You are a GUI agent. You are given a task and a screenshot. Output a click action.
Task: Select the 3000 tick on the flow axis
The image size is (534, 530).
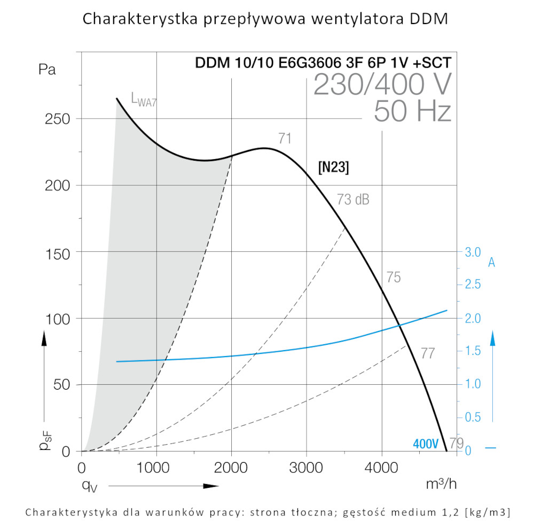306,469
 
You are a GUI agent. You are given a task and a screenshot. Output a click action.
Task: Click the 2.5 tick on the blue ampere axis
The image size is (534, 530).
473,284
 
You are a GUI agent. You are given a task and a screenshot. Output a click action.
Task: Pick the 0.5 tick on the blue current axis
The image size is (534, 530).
473,417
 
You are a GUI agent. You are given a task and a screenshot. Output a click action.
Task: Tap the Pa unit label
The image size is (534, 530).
47,69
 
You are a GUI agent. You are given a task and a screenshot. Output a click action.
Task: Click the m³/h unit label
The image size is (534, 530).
441,484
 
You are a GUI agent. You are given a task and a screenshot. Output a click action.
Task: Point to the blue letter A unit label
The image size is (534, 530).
491,263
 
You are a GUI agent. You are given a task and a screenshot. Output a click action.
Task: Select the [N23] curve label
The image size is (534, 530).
333,168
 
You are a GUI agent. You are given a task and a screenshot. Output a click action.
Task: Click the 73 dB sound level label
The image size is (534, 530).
353,200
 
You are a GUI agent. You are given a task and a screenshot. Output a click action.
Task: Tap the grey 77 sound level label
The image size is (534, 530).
427,353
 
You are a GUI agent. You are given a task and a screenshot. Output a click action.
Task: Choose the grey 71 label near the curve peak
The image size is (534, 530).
285,139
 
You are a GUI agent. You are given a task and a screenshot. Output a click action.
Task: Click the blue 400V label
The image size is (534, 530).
426,444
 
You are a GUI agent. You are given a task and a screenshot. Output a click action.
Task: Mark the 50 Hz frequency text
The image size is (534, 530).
412,111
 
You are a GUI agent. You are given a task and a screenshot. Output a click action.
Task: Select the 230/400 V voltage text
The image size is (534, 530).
382,84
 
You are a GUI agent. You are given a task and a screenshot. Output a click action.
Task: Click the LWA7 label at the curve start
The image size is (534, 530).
144,99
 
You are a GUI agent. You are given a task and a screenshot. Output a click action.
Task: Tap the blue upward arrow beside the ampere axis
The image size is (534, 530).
493,339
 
